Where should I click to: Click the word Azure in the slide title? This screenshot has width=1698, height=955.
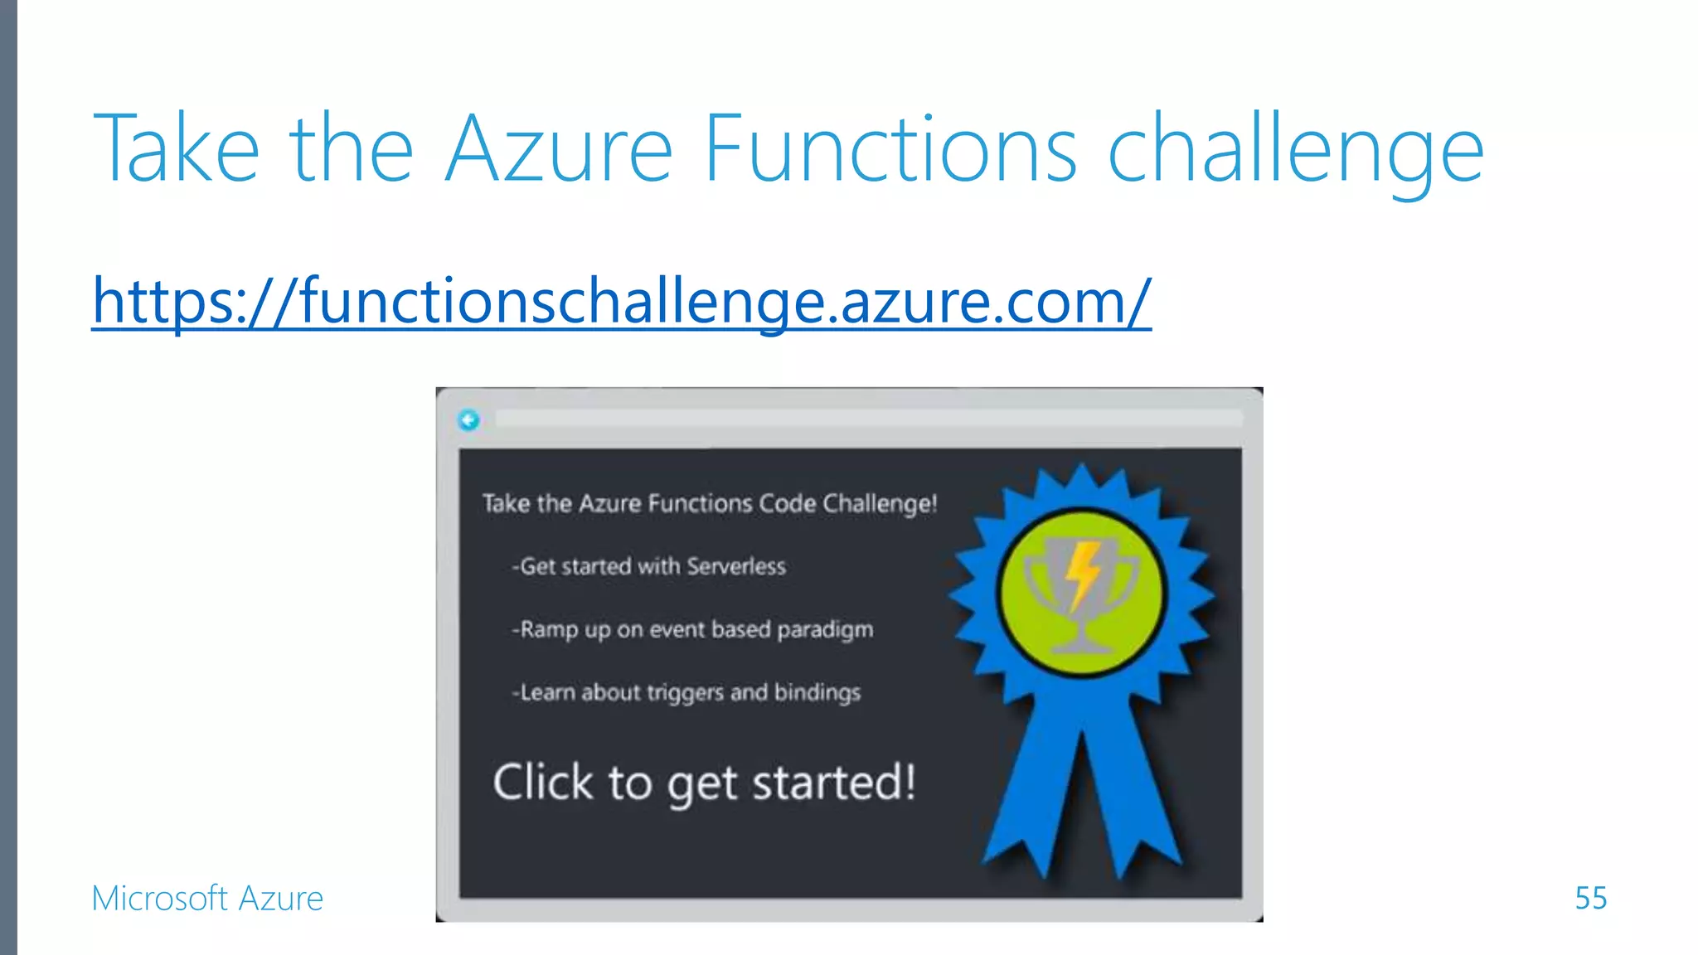[559, 149]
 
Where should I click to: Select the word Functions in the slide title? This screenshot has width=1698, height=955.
[890, 149]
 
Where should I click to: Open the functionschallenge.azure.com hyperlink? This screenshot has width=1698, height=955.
[621, 300]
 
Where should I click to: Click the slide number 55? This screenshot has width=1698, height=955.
[1590, 898]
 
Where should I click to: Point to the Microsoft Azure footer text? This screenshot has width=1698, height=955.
[207, 898]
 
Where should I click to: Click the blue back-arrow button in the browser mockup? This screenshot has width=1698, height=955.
[468, 420]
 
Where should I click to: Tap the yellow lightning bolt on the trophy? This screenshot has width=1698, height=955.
[1081, 574]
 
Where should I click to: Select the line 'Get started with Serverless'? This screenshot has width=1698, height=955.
[649, 566]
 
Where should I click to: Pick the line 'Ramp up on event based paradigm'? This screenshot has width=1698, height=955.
[692, 630]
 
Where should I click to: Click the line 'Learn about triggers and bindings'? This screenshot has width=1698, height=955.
[686, 692]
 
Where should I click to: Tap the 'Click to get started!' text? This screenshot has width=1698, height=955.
[704, 783]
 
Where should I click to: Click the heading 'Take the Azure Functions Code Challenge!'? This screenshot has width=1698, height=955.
[710, 503]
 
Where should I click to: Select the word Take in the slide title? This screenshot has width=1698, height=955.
[177, 149]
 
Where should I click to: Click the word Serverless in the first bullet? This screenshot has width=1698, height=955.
[736, 566]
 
